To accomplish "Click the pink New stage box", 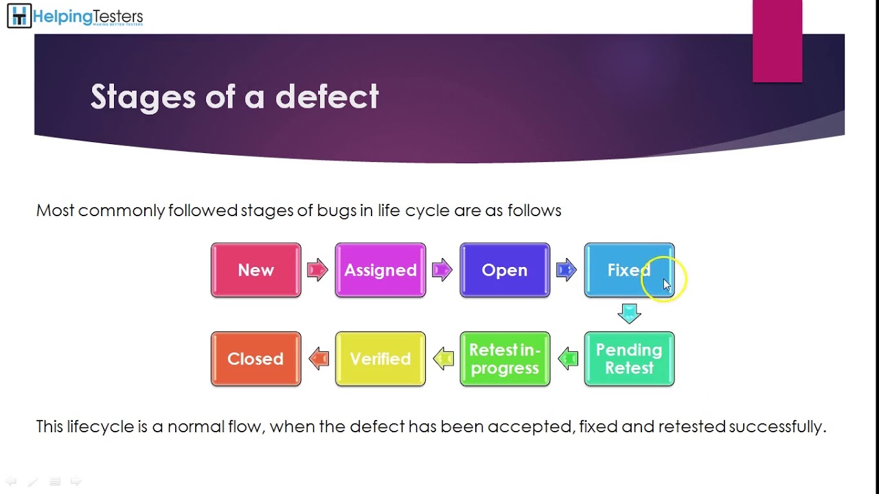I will [255, 270].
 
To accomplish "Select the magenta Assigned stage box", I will [380, 270].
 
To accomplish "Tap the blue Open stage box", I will [505, 270].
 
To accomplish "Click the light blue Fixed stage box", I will [629, 270].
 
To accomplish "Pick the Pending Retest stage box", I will [629, 359].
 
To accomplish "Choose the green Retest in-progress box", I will [505, 359].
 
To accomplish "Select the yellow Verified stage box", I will [380, 359].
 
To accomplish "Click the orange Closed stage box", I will [255, 359].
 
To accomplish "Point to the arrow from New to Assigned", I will [317, 270].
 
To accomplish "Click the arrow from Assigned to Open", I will [442, 270].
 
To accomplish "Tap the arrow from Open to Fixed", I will [567, 270].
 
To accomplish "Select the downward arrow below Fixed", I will [629, 314].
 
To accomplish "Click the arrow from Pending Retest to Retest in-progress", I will [568, 358].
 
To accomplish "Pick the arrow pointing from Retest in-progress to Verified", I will [444, 358].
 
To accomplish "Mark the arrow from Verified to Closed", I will [319, 358].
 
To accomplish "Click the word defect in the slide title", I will [327, 97].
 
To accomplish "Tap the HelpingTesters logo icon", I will [19, 16].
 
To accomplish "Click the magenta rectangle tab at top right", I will [777, 41].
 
